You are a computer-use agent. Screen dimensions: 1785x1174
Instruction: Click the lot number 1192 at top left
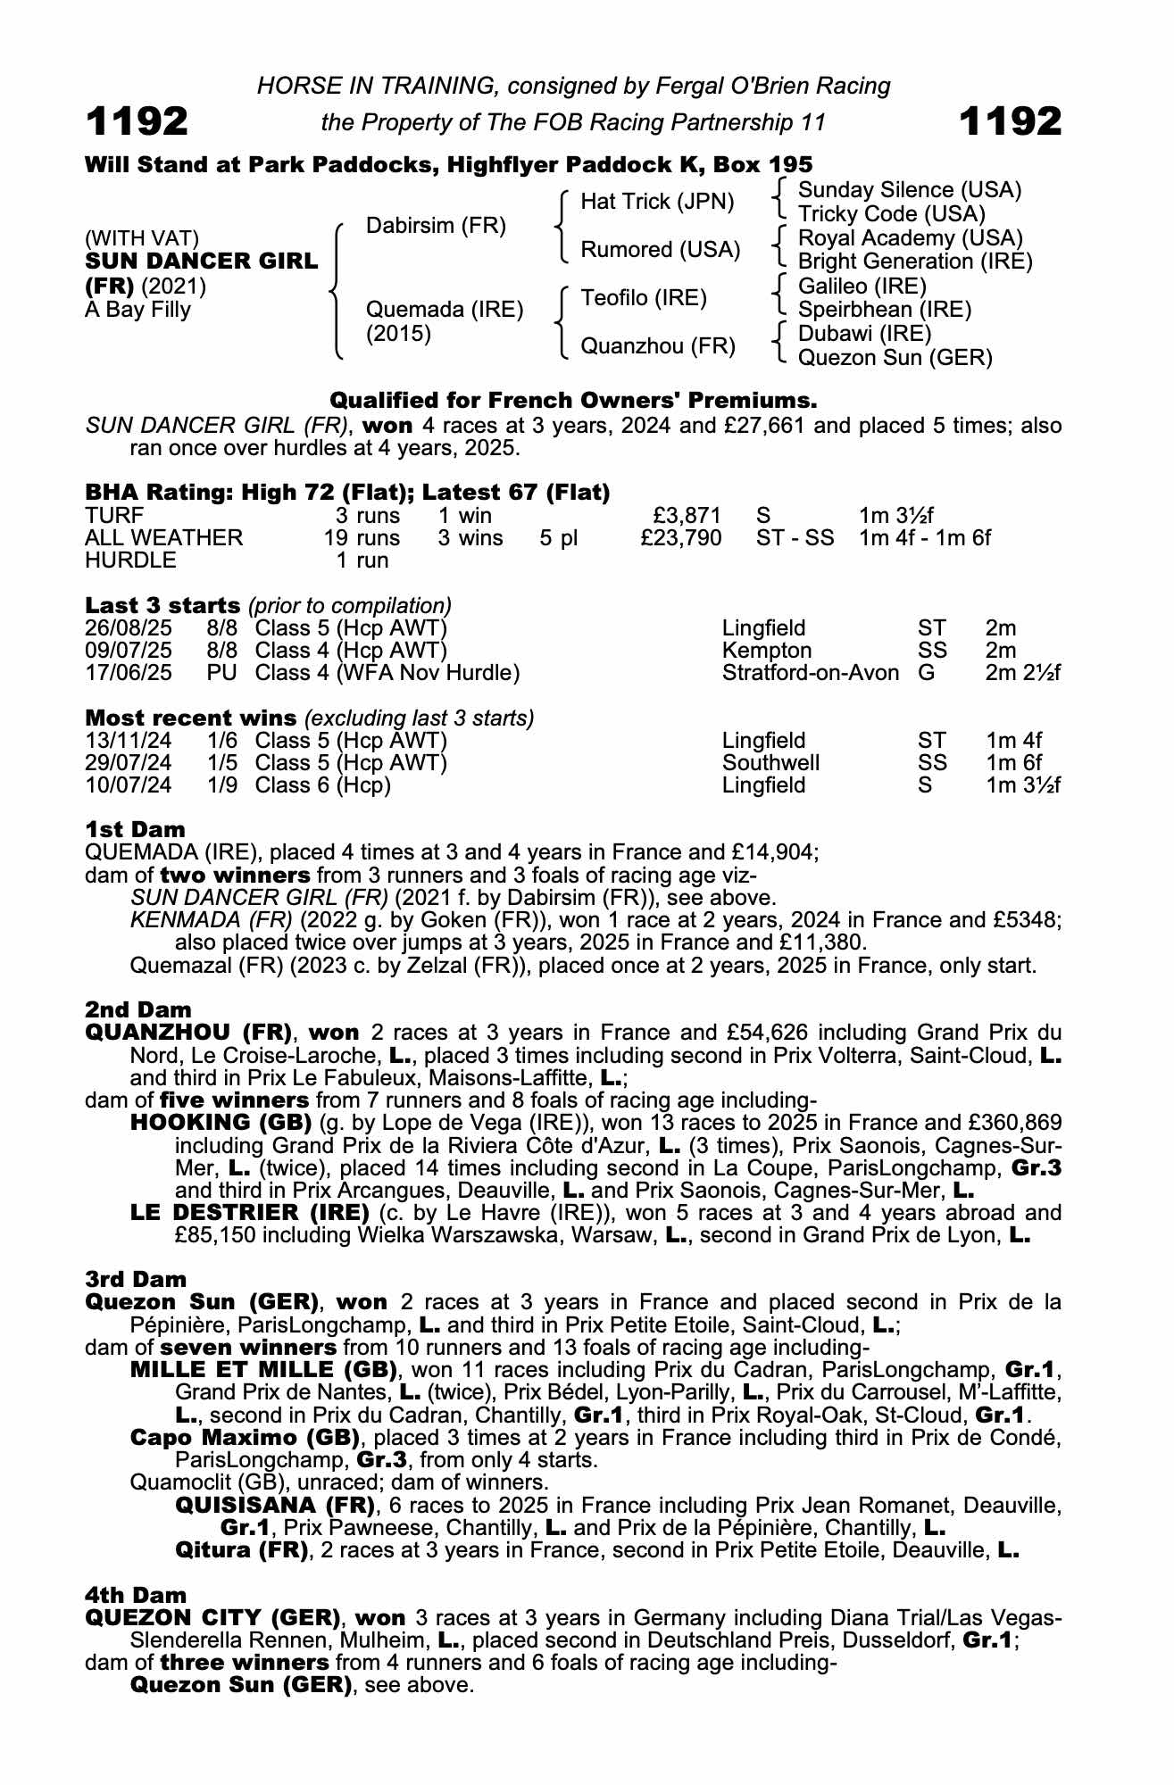point(137,121)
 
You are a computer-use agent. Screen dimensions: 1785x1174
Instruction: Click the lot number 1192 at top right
point(1010,121)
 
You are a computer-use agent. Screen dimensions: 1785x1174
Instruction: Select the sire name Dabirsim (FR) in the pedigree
point(436,226)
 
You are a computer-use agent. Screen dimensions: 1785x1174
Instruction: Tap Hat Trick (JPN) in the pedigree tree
point(657,202)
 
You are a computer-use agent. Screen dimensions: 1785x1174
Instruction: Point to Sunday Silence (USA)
point(909,190)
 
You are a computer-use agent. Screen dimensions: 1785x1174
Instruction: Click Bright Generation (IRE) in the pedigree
point(914,262)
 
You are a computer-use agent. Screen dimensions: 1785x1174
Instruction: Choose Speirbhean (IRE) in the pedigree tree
point(884,310)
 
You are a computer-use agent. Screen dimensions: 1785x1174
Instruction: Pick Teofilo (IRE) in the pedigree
point(643,297)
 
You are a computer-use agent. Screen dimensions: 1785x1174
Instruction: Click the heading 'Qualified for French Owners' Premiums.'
point(574,399)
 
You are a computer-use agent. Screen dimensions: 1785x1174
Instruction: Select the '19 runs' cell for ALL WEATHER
point(362,538)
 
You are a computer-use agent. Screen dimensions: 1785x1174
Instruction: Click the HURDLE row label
point(130,560)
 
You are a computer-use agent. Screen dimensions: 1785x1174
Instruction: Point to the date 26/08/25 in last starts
point(129,628)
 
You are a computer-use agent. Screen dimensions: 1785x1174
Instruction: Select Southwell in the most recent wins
point(770,763)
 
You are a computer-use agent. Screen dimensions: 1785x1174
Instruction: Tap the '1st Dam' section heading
point(135,829)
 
